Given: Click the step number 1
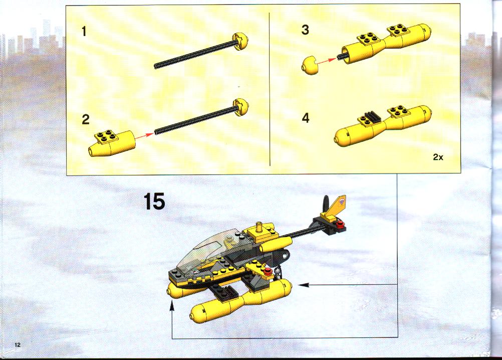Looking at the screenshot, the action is [x=84, y=32].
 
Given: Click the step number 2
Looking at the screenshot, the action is [x=86, y=119].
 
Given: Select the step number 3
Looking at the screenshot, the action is [x=305, y=30].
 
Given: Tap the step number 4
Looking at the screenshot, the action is [x=306, y=118].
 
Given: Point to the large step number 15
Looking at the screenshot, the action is [x=154, y=202].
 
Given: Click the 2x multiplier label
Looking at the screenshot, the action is [x=438, y=157].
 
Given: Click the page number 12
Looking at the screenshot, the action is [x=18, y=344].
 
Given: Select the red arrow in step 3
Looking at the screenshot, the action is [x=327, y=61].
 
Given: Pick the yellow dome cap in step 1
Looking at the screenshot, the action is [x=241, y=42].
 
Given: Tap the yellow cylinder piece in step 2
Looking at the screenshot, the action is [x=112, y=143].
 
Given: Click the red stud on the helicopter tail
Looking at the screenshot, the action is [x=341, y=224].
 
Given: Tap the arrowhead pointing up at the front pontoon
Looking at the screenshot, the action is [x=172, y=307].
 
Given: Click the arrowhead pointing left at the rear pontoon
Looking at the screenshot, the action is [x=304, y=284].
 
